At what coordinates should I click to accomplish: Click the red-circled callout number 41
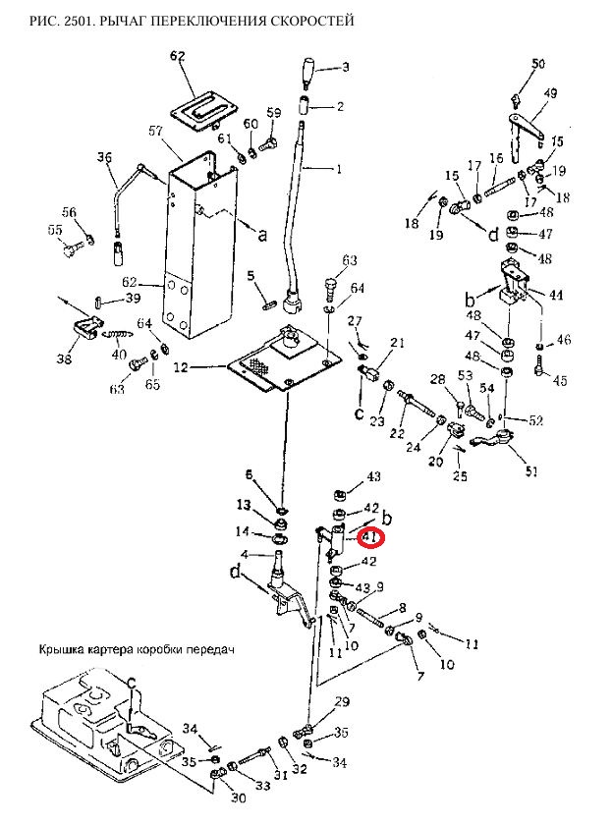pos(370,537)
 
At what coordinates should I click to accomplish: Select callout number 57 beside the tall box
pos(155,131)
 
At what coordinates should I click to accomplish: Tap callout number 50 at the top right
pos(537,64)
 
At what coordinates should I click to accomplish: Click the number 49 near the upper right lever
pos(550,93)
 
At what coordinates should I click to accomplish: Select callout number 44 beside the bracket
pos(556,295)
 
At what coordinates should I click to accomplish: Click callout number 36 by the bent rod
pos(104,157)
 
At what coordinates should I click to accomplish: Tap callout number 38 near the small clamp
pos(65,360)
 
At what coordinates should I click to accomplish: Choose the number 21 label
pos(397,342)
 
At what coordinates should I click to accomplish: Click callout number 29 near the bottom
pos(342,701)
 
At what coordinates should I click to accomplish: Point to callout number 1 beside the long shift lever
pos(339,169)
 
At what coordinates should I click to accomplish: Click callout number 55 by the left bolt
pos(55,230)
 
